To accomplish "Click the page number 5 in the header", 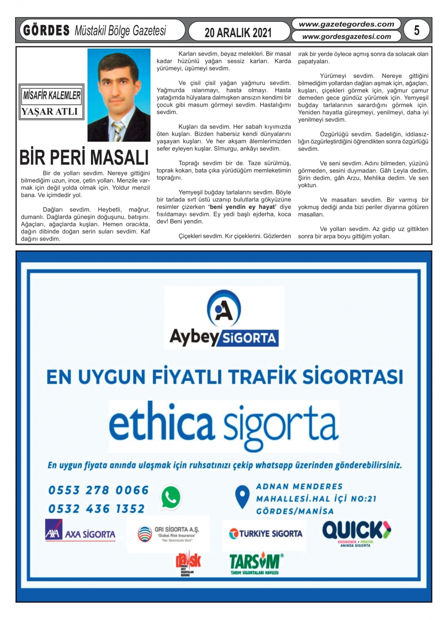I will pyautogui.click(x=416, y=30).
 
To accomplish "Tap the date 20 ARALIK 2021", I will pyautogui.click(x=238, y=33).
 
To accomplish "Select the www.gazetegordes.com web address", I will pyautogui.click(x=346, y=24).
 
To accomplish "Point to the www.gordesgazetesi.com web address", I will pyautogui.click(x=346, y=36).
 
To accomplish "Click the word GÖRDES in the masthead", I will pyautogui.click(x=46, y=31).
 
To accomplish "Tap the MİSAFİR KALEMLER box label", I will pyautogui.click(x=52, y=96).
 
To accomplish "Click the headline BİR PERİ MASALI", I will pyautogui.click(x=84, y=157).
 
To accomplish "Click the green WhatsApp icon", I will pyautogui.click(x=171, y=497).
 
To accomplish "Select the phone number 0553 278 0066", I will pyautogui.click(x=99, y=490).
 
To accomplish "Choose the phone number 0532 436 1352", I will pyautogui.click(x=97, y=509).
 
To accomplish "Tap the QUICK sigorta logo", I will pyautogui.click(x=357, y=532).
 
